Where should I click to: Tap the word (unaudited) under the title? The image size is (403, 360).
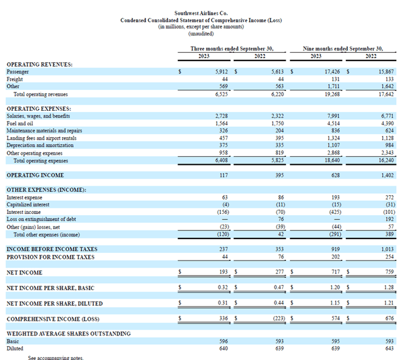tap(201, 33)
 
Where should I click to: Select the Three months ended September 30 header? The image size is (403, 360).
tap(232, 48)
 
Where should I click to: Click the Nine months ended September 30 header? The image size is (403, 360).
tap(343, 48)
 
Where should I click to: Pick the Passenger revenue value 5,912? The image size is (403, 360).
tap(220, 72)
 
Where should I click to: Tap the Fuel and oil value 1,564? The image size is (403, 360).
tap(220, 124)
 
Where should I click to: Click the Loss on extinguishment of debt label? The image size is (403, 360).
tap(41, 219)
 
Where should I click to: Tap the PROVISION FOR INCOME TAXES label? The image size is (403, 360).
tap(50, 257)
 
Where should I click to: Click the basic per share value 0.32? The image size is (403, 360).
tap(221, 288)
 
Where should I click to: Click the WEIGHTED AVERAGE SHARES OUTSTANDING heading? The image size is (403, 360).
tap(68, 334)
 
